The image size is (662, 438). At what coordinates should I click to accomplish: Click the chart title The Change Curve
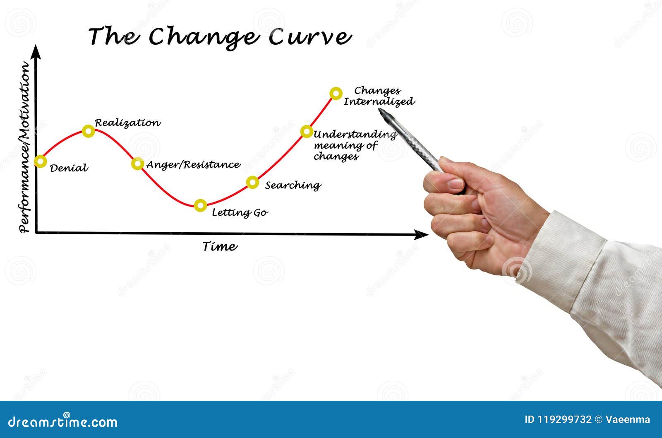point(220,37)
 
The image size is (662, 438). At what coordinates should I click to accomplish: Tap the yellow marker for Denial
point(40,161)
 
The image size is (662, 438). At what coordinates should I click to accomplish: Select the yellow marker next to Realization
point(88,131)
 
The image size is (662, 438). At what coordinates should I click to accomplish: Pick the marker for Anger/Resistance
point(138,164)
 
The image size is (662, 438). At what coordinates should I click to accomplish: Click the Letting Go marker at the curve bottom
point(201,205)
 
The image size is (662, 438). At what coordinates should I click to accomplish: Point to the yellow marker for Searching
point(252,182)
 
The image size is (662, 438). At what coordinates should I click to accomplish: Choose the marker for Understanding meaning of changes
point(307,132)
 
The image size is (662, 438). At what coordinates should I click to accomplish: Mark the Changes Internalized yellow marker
point(336,93)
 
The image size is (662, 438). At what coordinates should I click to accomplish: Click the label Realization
point(127,123)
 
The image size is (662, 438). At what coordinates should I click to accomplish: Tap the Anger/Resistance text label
point(193,165)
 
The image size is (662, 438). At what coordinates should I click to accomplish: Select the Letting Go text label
point(240,213)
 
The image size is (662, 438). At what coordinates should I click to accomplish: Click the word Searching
point(293,185)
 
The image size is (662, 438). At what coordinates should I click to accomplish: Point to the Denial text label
point(69,168)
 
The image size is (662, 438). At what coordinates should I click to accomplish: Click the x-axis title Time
point(220,246)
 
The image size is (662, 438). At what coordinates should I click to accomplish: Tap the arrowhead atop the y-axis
point(37,51)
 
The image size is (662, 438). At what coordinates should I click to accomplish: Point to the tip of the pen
point(380,111)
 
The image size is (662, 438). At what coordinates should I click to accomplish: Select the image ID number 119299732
point(564,419)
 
